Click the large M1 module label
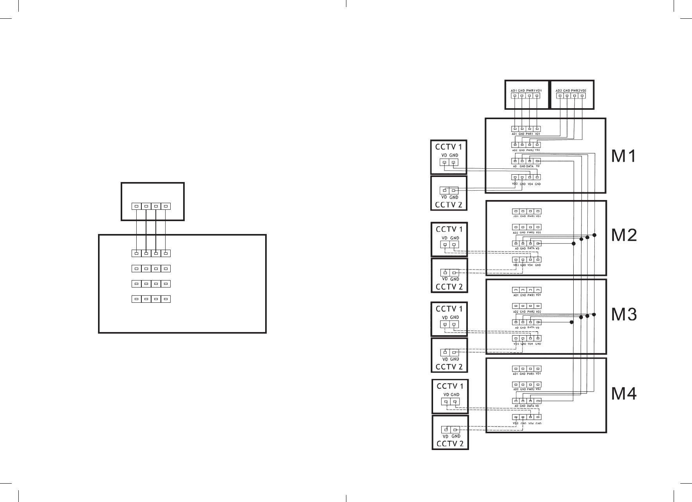pyautogui.click(x=624, y=156)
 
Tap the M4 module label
pyautogui.click(x=624, y=393)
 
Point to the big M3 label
pyautogui.click(x=624, y=314)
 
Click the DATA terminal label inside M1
pyautogui.click(x=530, y=166)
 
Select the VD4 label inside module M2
pyautogui.click(x=530, y=265)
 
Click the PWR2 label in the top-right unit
pyautogui.click(x=575, y=91)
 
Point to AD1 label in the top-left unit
pyautogui.click(x=514, y=91)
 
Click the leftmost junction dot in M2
pyautogui.click(x=573, y=243)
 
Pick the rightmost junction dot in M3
pyautogui.click(x=594, y=314)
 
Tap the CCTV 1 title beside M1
pyautogui.click(x=449, y=147)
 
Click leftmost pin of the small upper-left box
pyautogui.click(x=136, y=206)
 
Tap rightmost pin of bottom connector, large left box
pyautogui.click(x=166, y=299)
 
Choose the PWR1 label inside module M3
pyautogui.click(x=530, y=295)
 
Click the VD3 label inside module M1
pyautogui.click(x=515, y=184)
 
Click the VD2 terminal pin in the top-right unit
pyautogui.click(x=583, y=96)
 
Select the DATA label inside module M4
pyautogui.click(x=530, y=406)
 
